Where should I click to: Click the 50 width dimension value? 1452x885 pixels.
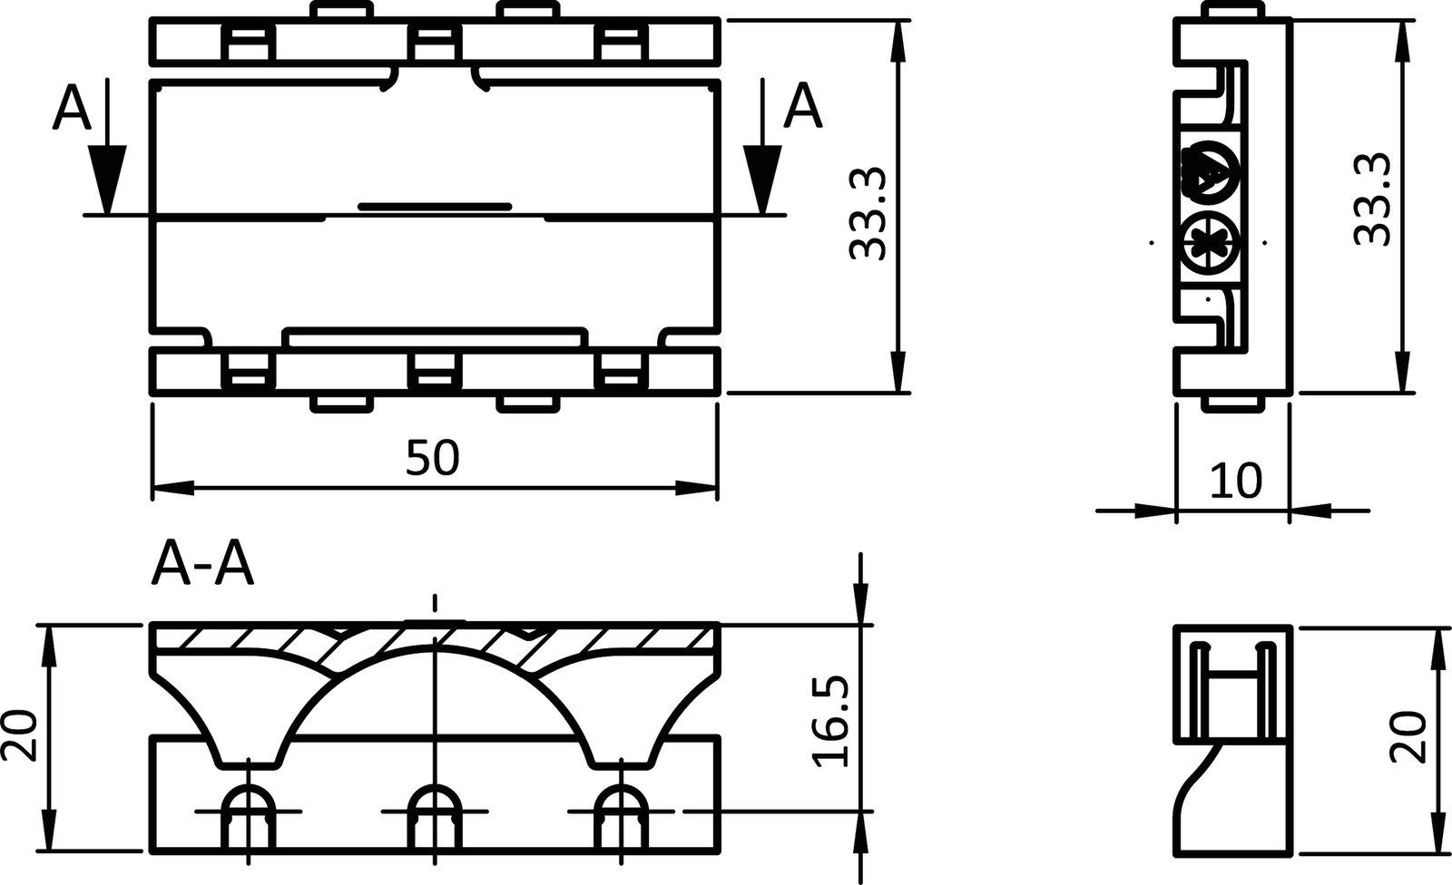click(433, 458)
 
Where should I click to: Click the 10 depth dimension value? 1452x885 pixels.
click(1236, 481)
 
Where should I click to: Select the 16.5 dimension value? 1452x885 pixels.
click(831, 721)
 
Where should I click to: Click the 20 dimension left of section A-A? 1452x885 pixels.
click(20, 736)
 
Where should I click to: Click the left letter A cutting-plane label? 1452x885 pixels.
click(73, 109)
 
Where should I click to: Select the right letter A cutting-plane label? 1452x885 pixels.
click(803, 107)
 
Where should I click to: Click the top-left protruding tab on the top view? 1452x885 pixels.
click(341, 9)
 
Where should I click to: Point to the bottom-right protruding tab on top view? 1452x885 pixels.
click(529, 404)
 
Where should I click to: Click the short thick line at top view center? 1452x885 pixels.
click(435, 207)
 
